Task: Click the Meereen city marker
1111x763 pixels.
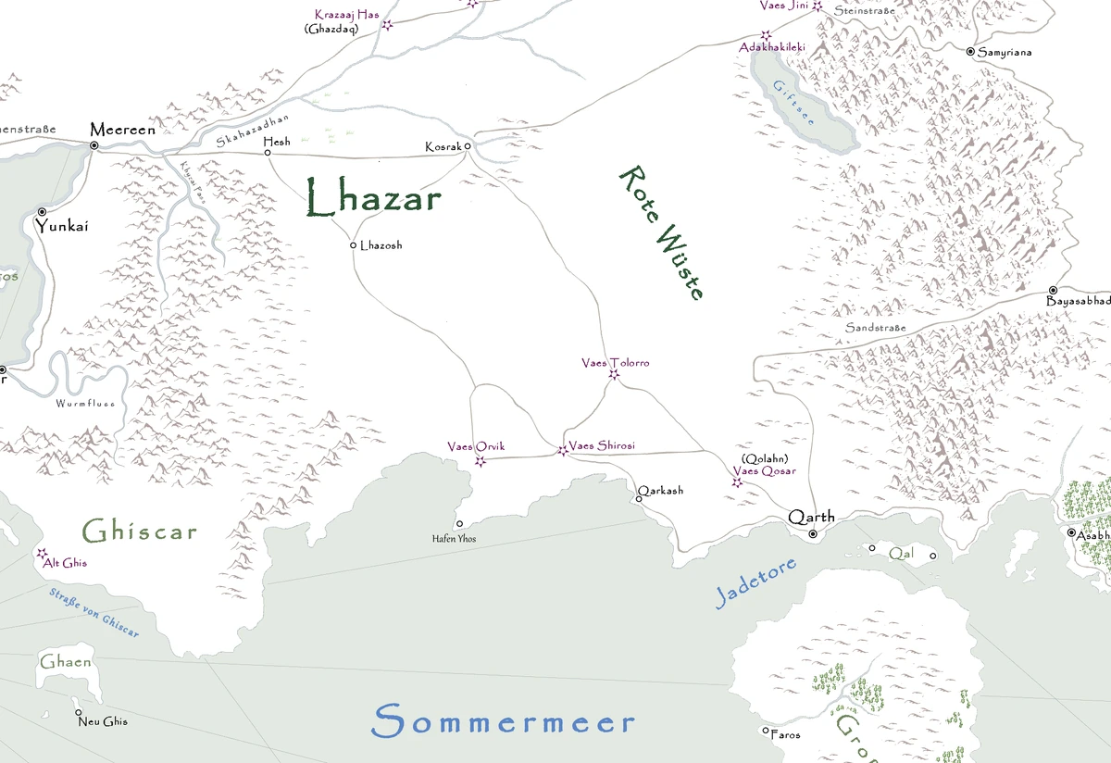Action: pyautogui.click(x=94, y=145)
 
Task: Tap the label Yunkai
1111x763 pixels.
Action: pyautogui.click(x=63, y=226)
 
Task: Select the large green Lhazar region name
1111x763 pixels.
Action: pyautogui.click(x=373, y=199)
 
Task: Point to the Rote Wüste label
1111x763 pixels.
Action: pyautogui.click(x=661, y=232)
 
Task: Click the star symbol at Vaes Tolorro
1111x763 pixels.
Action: pyautogui.click(x=614, y=375)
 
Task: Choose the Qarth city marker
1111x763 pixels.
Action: pyautogui.click(x=813, y=534)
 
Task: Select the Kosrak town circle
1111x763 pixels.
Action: pyautogui.click(x=468, y=146)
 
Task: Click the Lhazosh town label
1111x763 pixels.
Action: pyautogui.click(x=381, y=245)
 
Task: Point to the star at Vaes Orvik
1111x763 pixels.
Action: pyautogui.click(x=480, y=461)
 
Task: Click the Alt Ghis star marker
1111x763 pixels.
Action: pyautogui.click(x=42, y=554)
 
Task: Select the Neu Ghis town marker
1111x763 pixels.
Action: pyautogui.click(x=79, y=712)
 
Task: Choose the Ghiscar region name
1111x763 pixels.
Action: pyautogui.click(x=139, y=532)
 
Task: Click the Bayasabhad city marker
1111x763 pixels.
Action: pyautogui.click(x=1053, y=290)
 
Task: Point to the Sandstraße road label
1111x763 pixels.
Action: pyautogui.click(x=875, y=328)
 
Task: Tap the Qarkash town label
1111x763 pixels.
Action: pyautogui.click(x=660, y=490)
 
